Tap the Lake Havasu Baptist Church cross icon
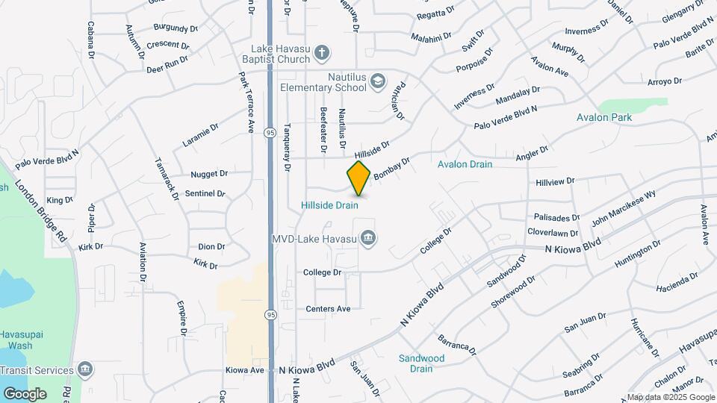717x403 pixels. tap(321, 53)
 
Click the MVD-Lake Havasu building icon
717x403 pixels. tap(367, 239)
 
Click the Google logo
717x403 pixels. tap(25, 393)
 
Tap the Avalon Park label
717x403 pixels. tap(604, 117)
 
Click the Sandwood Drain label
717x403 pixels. tap(421, 363)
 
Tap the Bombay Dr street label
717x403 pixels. tap(392, 167)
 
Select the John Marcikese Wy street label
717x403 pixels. tap(623, 209)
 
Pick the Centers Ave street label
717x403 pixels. tap(328, 308)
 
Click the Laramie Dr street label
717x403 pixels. tap(200, 135)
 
